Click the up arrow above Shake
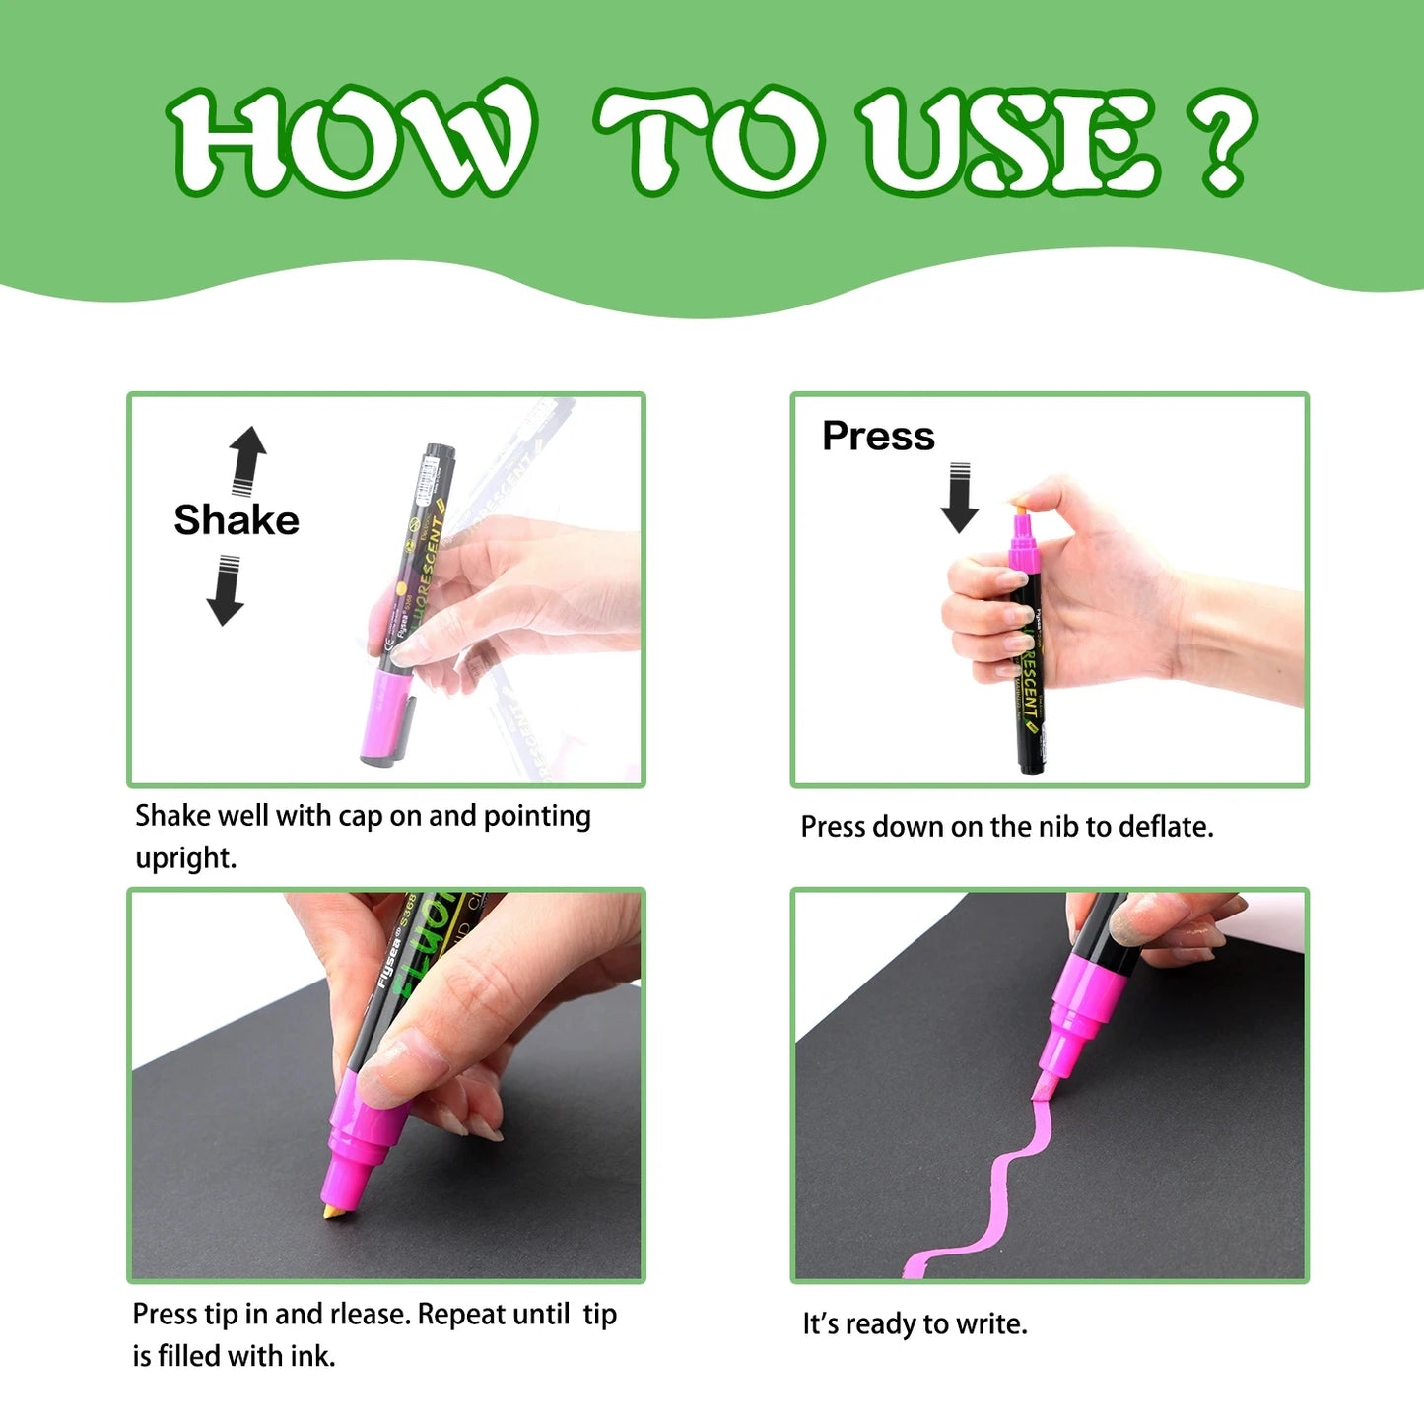click(247, 459)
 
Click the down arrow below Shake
click(226, 590)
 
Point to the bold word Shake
click(237, 520)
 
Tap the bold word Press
click(878, 436)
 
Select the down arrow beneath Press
click(959, 498)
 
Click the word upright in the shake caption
click(185, 858)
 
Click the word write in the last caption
click(991, 1324)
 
